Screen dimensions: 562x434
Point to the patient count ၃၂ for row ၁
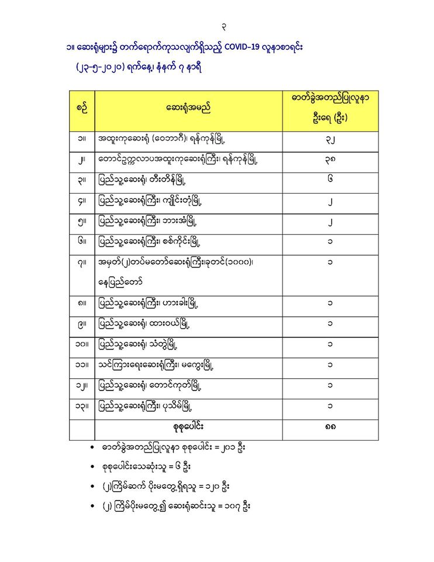(330, 140)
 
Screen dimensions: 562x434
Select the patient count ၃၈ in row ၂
(330, 161)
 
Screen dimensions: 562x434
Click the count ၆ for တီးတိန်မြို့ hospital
(330, 181)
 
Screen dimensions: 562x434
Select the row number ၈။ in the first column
(82, 304)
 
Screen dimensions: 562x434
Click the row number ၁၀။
(82, 345)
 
